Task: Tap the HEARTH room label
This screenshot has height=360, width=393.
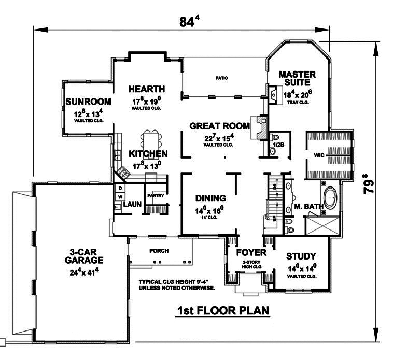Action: pos(147,89)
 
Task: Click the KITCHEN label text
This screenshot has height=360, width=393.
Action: pos(148,154)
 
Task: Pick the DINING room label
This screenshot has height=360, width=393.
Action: pos(210,198)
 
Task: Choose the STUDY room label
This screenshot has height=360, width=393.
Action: pos(301,256)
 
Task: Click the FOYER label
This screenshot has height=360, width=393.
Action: pos(251,253)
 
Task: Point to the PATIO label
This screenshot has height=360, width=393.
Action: pos(222,78)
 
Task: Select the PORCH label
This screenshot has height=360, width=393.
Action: pos(159,251)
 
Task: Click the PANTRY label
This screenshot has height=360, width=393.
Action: pos(156,196)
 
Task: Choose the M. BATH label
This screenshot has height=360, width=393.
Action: pos(308,207)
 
